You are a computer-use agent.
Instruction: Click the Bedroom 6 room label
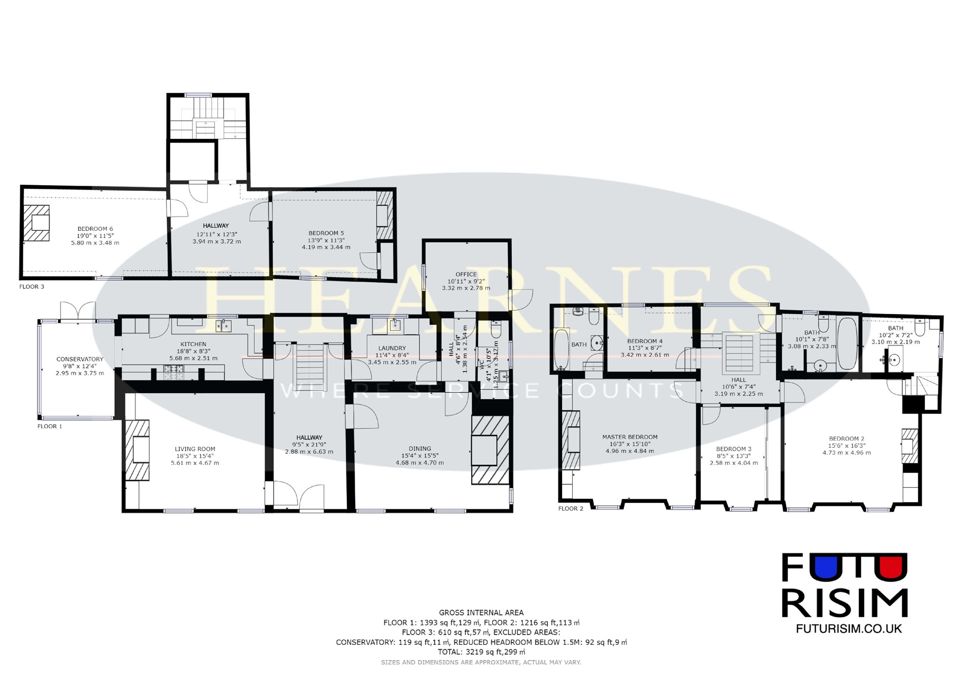coord(95,229)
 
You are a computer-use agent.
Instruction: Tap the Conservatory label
coord(80,359)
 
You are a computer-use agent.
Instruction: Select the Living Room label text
coord(195,449)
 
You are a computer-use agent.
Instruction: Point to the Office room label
coord(466,274)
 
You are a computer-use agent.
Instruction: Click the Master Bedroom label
coord(630,437)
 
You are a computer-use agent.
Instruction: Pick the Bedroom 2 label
coord(846,439)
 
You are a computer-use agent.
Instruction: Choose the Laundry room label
coord(392,348)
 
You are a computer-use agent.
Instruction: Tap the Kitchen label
coord(194,344)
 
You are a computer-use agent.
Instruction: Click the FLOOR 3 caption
coord(32,287)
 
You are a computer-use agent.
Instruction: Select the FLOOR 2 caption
coord(571,509)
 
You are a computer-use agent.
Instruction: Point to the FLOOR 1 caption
coord(50,426)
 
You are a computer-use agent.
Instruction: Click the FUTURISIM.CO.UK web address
coord(849,628)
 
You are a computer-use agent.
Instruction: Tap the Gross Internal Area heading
coord(481,613)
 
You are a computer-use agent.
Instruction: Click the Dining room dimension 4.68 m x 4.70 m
coord(420,463)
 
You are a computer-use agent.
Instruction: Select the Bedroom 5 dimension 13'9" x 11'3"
coord(326,240)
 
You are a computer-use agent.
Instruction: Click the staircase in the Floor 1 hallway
coord(310,366)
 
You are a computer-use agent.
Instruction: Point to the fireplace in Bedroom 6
coord(37,223)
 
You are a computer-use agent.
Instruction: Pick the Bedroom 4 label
coord(645,341)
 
